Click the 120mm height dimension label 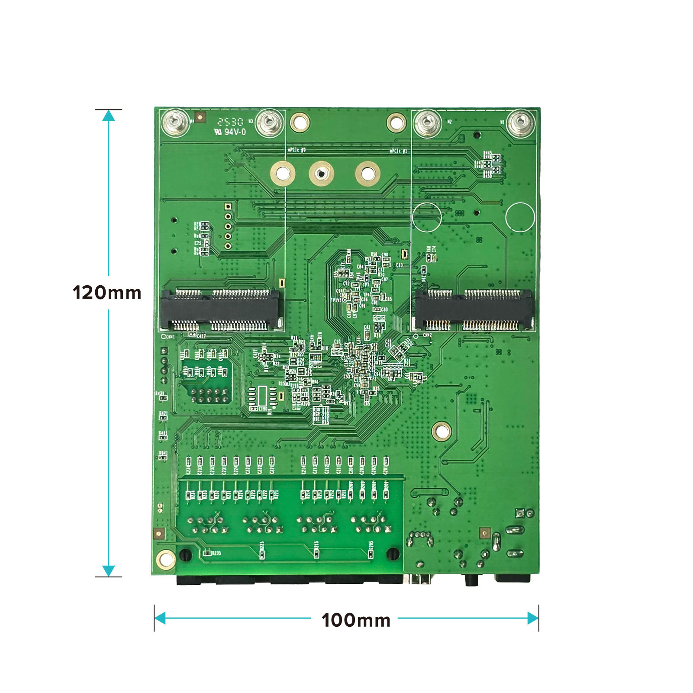tap(107, 293)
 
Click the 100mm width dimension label tap(356, 620)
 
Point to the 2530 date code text tap(230, 122)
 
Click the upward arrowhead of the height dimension tap(108, 116)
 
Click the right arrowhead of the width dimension tap(533, 618)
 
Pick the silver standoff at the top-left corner tap(175, 122)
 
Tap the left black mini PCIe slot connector tap(221, 309)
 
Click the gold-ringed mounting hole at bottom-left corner tap(166, 559)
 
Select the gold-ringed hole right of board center tap(442, 431)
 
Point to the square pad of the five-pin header tap(228, 207)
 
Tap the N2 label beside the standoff tap(449, 122)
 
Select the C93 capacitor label tap(399, 265)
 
